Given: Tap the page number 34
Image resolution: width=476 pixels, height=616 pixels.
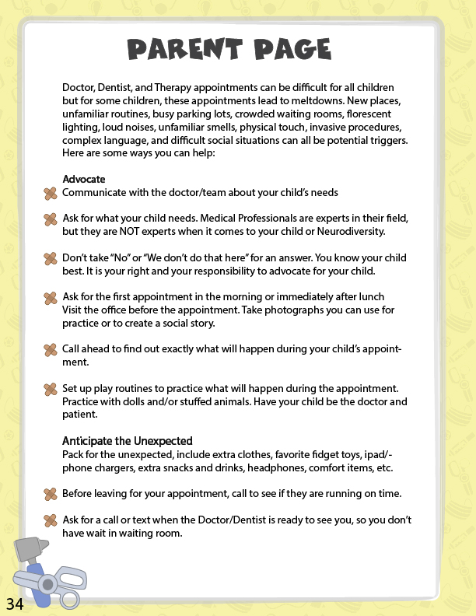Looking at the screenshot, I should point(16,604).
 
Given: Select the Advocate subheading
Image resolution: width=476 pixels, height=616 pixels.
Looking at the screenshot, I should point(84,180).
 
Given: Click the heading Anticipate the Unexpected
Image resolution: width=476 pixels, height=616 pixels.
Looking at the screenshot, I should point(128,441).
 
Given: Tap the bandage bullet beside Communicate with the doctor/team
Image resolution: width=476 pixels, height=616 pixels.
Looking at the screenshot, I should point(51,193).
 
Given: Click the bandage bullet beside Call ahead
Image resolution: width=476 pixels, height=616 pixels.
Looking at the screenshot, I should point(51,350).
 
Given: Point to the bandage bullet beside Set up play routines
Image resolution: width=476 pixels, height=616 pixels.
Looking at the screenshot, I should point(51,389).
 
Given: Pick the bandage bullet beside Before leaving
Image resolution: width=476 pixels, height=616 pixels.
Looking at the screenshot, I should point(51,494).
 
